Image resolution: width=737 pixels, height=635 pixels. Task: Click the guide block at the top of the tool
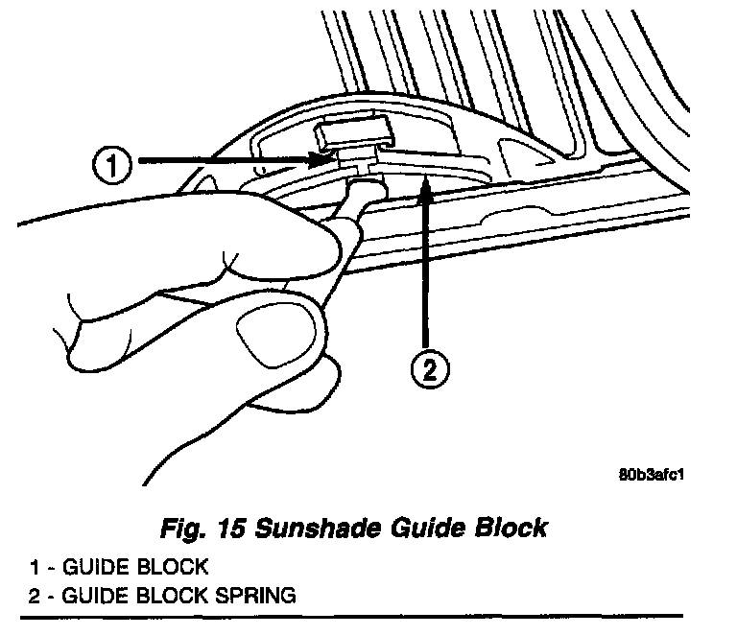pyautogui.click(x=351, y=135)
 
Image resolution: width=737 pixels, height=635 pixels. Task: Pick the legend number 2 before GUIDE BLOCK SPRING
pyautogui.click(x=34, y=595)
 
